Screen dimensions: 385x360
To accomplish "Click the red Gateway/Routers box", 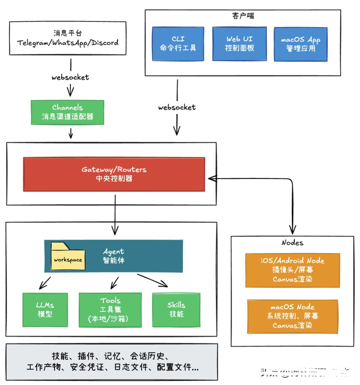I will (x=114, y=174).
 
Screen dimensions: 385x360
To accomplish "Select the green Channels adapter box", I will (x=67, y=113).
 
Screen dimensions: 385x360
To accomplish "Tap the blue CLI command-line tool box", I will (x=177, y=43).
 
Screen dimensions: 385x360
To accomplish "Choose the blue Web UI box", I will (x=240, y=43).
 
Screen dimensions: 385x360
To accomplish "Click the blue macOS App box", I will (x=301, y=43).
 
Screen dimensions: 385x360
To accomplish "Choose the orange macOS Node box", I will (x=292, y=316).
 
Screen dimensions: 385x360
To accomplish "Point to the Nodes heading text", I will (x=292, y=242).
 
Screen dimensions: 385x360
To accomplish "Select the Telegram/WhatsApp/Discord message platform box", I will (x=67, y=38).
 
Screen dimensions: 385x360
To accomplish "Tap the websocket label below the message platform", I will (x=70, y=77).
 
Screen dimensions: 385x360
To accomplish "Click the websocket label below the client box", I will (x=176, y=107).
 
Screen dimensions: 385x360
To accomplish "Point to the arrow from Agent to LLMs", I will (x=45, y=281).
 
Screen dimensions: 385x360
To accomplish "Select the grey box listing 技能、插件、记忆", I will (x=112, y=361).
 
